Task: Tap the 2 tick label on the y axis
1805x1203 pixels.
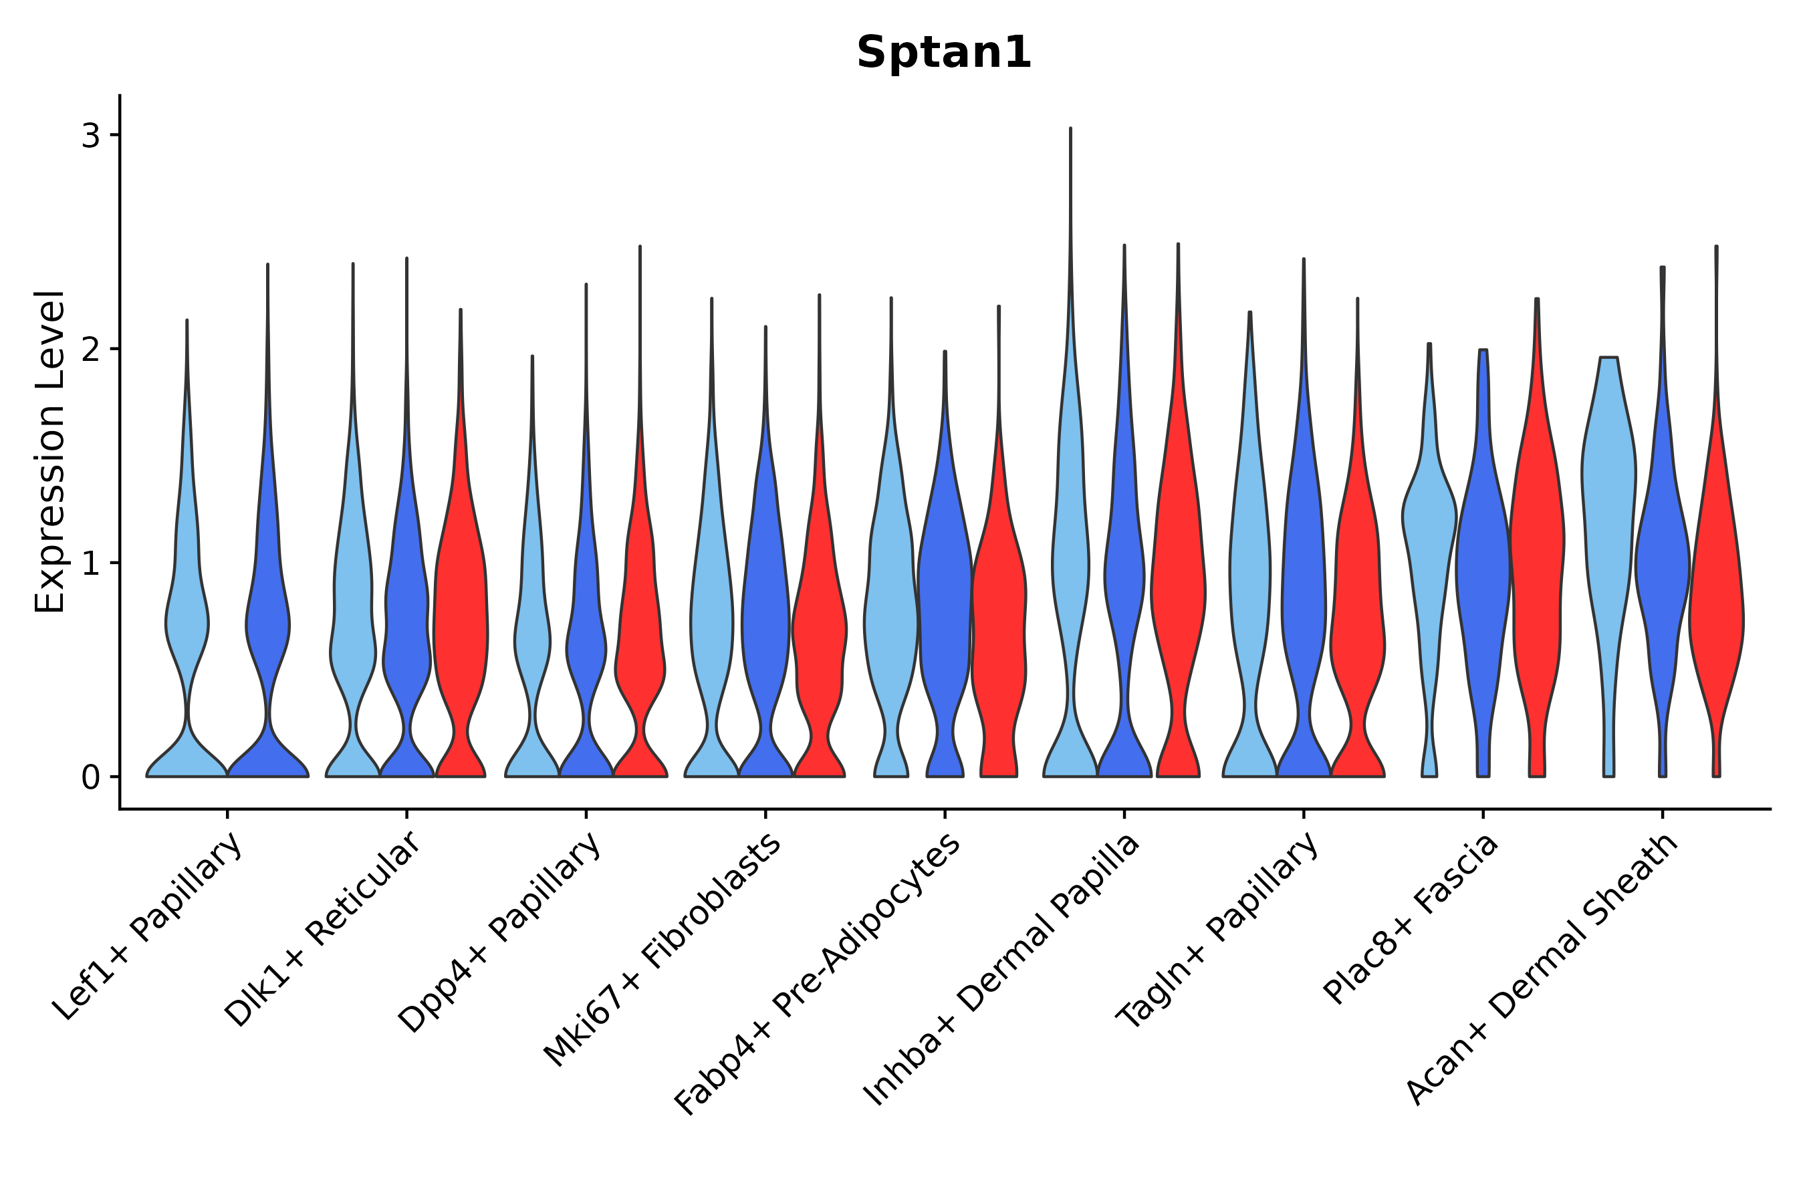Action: click(90, 350)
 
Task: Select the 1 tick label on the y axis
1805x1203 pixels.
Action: click(90, 564)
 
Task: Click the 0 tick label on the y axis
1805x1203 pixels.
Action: click(90, 778)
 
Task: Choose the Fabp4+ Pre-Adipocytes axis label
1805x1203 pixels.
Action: click(818, 974)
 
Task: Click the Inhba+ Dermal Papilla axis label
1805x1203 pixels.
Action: click(1002, 970)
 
